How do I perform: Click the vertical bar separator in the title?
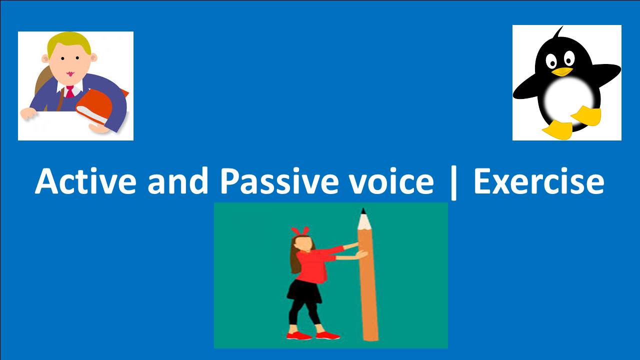coord(453,183)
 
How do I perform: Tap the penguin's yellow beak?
coord(562,72)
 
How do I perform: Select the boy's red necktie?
coord(69,91)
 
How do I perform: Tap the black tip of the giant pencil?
coord(363,211)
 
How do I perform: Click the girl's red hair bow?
coord(299,231)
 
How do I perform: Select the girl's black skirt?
coord(305,290)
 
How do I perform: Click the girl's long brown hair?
coord(295,260)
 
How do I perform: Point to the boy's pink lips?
coord(69,74)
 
